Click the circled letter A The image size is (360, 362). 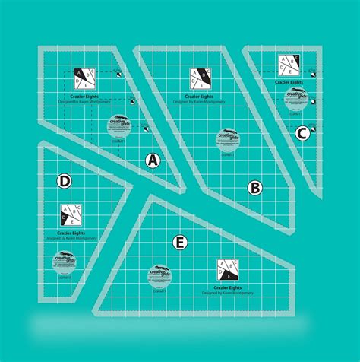point(153,160)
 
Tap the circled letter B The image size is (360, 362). point(255,187)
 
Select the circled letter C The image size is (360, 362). point(302,134)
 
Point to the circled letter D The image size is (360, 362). point(65,181)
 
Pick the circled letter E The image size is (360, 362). point(179,243)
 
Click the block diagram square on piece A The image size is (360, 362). point(84,77)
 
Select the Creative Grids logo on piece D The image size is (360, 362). point(64,262)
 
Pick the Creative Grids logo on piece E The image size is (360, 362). point(161,275)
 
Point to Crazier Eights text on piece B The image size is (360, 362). point(199,95)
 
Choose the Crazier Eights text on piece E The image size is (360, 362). point(229,287)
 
